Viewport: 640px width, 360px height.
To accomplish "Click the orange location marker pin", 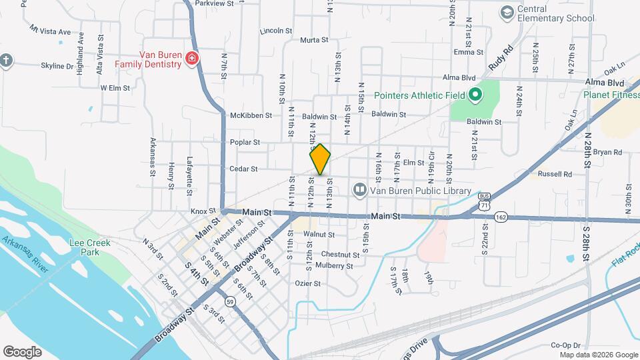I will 321,160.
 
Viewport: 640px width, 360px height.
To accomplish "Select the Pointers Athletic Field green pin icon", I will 475,95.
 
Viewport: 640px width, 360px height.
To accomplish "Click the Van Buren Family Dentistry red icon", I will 192,59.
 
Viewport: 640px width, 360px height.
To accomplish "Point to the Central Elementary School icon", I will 507,13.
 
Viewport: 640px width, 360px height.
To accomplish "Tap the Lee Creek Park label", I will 85,248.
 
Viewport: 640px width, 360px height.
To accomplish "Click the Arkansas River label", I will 25,253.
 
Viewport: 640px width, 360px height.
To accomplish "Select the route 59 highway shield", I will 231,301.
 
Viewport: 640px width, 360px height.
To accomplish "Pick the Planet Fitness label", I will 611,95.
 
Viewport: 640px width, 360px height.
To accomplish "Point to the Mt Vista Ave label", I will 50,31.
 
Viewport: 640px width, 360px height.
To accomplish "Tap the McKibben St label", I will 251,115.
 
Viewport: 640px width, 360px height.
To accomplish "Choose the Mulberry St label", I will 335,266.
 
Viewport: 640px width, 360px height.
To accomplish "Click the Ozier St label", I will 308,283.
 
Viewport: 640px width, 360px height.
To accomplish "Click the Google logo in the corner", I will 22,352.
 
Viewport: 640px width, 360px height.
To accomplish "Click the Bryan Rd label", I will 607,152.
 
